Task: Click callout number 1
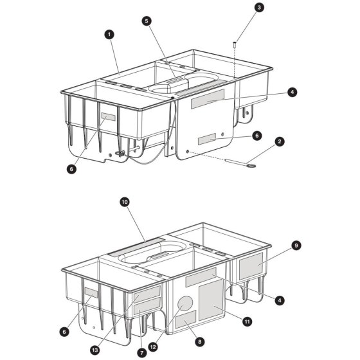[109, 35]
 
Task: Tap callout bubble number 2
[280, 141]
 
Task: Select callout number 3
[259, 8]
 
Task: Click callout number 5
[147, 21]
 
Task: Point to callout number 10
[125, 202]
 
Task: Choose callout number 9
[296, 246]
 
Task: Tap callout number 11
[247, 321]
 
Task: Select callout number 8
[199, 342]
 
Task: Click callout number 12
[153, 347]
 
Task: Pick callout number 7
[141, 353]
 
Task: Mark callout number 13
[95, 350]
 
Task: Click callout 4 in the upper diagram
[292, 93]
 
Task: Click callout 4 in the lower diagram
[280, 300]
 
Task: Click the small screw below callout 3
[235, 44]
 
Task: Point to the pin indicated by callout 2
[240, 163]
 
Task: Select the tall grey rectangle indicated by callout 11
[211, 300]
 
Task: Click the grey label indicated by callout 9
[251, 266]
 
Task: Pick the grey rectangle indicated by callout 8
[186, 319]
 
